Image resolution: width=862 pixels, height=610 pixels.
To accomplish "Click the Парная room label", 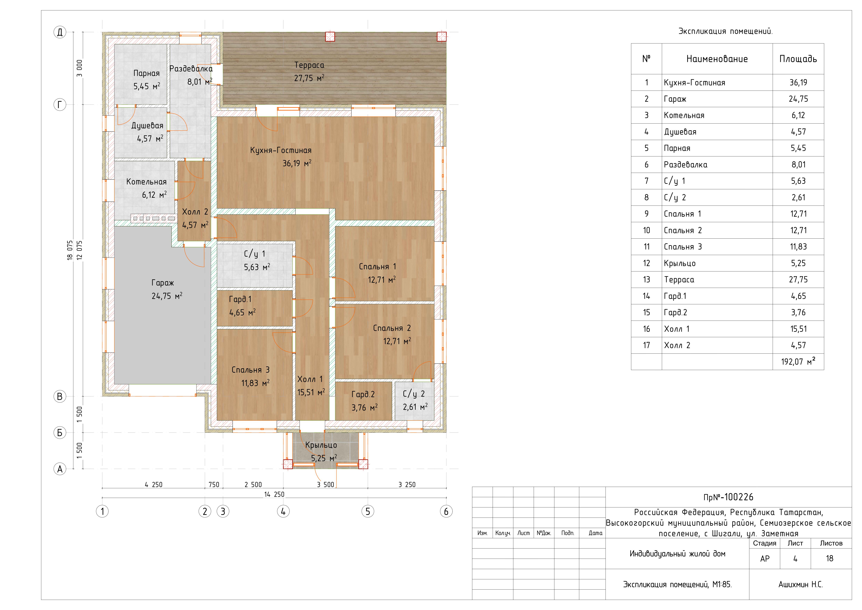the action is point(146,73).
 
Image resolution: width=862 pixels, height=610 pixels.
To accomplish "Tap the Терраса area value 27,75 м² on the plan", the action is point(309,78).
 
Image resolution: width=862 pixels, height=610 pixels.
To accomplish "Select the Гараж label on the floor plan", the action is point(163,283).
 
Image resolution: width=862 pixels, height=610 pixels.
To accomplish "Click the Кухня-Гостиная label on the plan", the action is point(281,150).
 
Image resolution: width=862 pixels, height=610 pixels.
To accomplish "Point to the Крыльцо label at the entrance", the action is point(321,445).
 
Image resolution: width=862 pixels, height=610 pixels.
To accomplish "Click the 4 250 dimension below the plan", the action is point(154,485).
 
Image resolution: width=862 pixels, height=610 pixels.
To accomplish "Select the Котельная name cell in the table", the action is point(684,115).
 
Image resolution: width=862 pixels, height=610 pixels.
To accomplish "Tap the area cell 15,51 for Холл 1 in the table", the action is point(798,329).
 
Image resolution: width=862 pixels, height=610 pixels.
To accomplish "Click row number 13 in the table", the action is point(646,279).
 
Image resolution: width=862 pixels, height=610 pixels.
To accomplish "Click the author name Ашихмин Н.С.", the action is point(800,584).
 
